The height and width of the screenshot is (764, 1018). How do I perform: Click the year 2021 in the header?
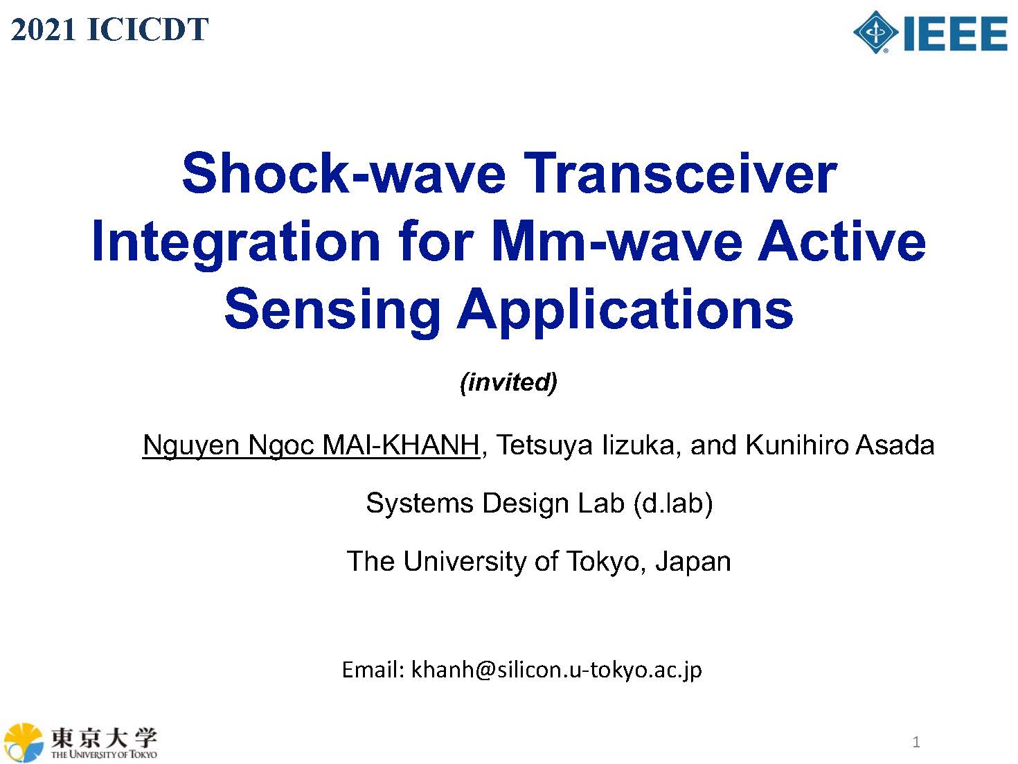[43, 30]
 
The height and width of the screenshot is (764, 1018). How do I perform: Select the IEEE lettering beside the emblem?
[956, 33]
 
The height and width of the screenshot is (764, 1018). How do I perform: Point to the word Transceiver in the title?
[680, 173]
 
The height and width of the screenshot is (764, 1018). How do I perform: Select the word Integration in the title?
[236, 243]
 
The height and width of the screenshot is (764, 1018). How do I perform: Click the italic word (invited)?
[509, 383]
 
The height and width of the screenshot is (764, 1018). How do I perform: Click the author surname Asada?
[895, 445]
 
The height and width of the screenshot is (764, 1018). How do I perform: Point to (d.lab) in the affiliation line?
[673, 504]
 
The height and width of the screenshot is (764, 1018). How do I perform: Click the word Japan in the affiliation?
[693, 562]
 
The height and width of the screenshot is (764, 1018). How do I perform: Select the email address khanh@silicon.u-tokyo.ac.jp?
[557, 670]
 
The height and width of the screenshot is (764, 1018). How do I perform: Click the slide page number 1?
[916, 742]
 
